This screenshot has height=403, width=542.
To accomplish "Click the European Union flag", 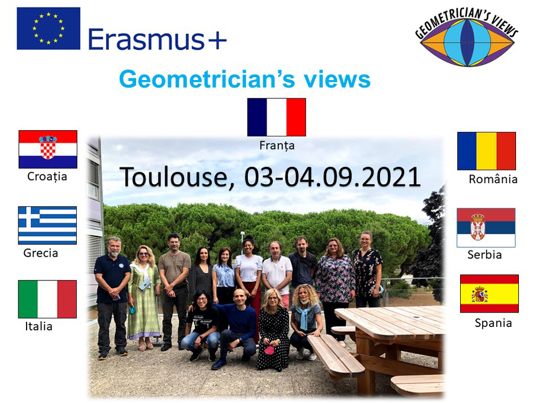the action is tap(48, 28).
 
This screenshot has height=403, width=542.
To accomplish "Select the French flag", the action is tap(277, 117).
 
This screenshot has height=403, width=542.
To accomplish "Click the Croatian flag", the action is tap(48, 149).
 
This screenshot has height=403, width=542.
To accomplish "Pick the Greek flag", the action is tap(47, 225).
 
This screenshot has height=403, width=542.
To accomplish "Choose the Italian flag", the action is tap(47, 299).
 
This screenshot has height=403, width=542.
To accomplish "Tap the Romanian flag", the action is tap(487, 151).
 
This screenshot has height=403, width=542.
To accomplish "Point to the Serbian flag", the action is tap(486, 227).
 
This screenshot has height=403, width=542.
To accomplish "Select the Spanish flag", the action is tap(490, 294).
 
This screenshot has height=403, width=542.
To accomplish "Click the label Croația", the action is tap(47, 177).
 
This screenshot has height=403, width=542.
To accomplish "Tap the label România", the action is tap(493, 178).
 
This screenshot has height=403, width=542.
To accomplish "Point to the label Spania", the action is tap(493, 324).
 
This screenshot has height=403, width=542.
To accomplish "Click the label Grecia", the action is tap(41, 253).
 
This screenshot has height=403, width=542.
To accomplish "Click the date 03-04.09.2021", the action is tap(333, 177).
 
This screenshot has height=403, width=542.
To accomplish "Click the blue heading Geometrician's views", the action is tap(244, 79).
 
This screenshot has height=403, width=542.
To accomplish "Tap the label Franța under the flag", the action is tap(277, 145).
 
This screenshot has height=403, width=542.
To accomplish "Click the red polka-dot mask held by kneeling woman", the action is tap(269, 350).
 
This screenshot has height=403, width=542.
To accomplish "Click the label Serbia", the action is tap(484, 254).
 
